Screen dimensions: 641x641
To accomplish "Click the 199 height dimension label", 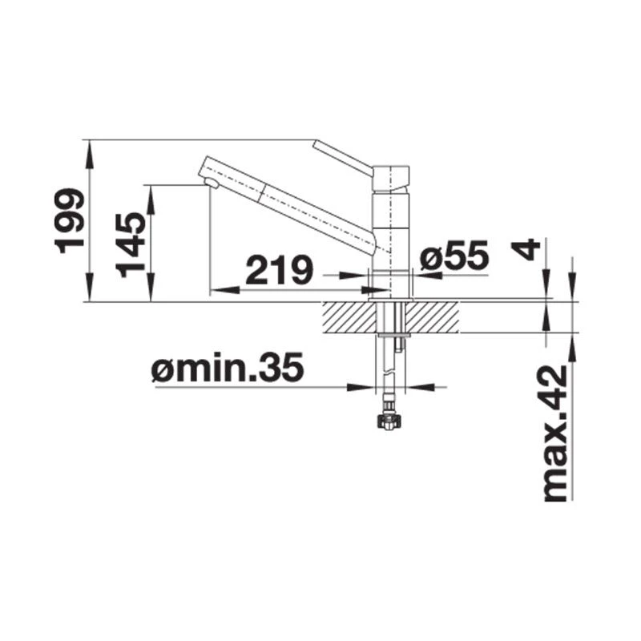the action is (x=70, y=221).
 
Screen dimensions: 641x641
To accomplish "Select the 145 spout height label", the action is (x=131, y=245).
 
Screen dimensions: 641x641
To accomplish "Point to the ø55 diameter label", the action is (x=454, y=255).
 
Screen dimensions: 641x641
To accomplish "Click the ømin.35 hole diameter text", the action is (x=228, y=367).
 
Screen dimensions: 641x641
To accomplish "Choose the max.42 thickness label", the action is (x=555, y=433).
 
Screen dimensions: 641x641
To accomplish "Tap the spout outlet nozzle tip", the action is (x=212, y=183).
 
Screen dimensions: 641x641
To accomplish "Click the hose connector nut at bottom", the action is (x=388, y=421).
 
